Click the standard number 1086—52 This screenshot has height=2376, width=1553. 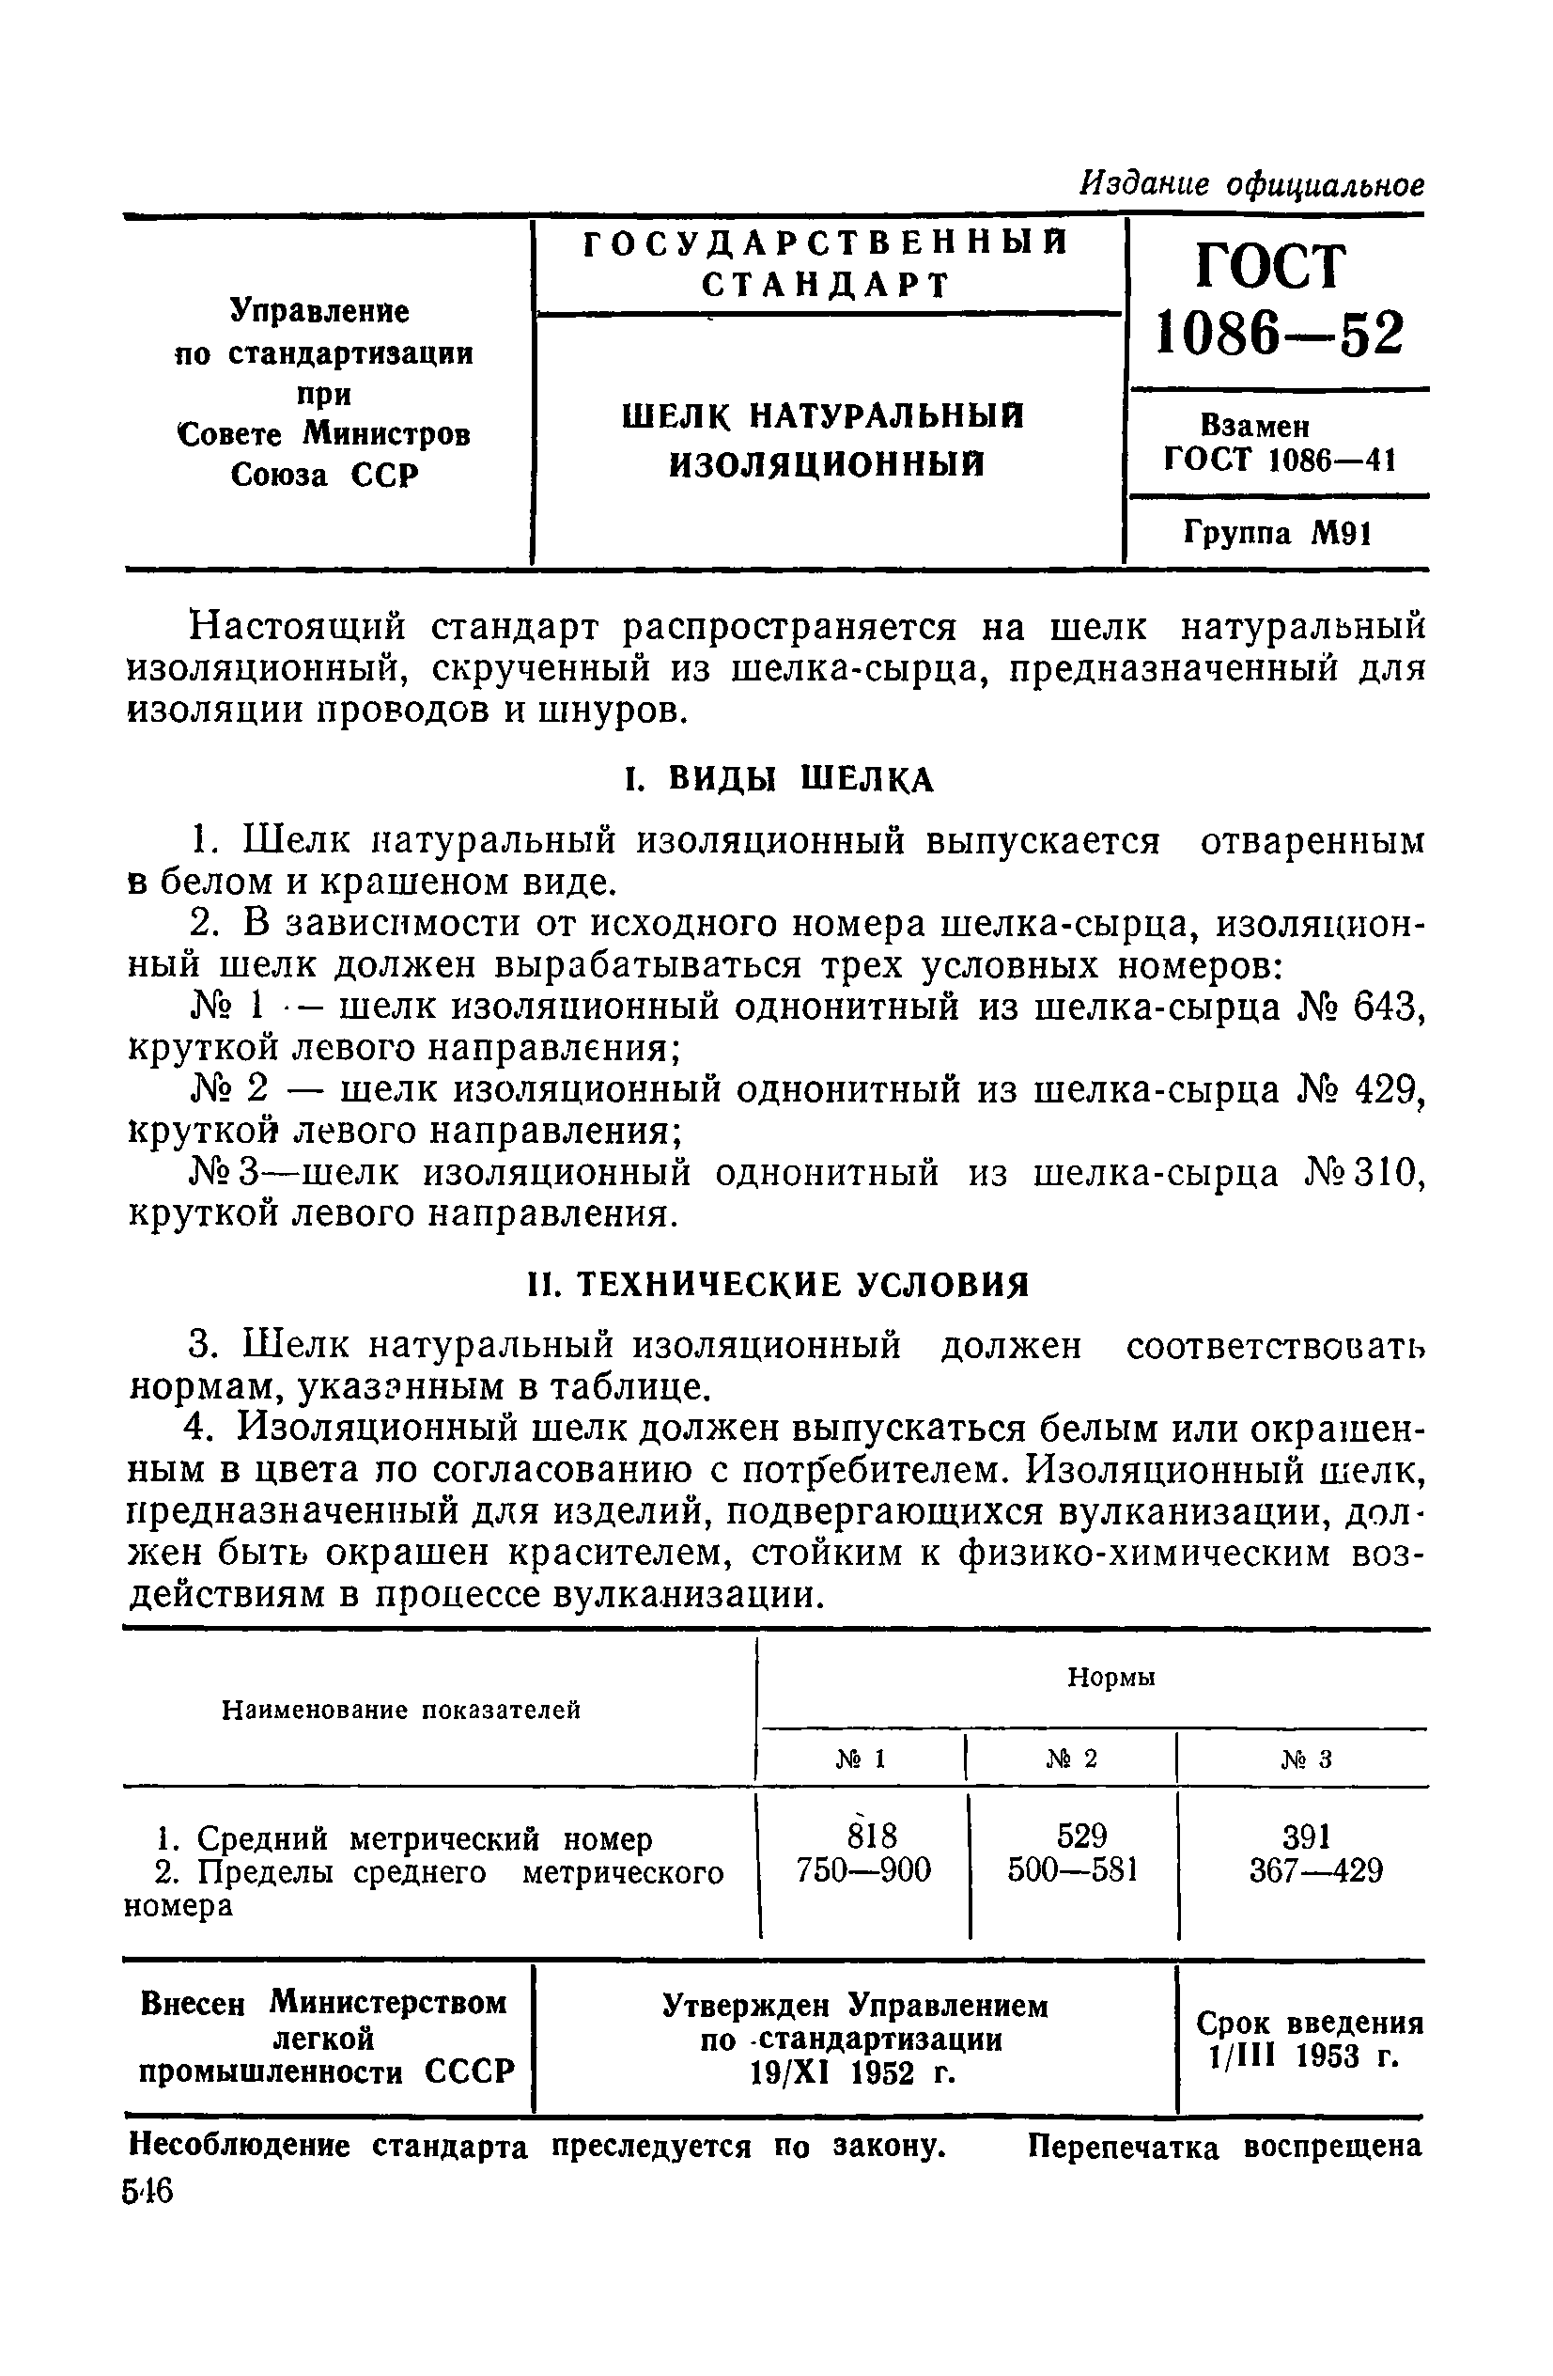point(1278,333)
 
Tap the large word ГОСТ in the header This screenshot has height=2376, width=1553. point(1269,266)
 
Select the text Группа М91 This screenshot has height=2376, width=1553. point(1278,534)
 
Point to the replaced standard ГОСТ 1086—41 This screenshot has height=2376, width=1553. point(1280,461)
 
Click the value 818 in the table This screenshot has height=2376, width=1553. point(863,1836)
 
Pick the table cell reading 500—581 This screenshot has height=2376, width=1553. point(1072,1868)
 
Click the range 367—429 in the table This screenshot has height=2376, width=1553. point(1315,1868)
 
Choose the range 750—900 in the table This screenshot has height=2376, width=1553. point(863,1868)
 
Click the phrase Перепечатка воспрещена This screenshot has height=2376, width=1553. point(1223,2147)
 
